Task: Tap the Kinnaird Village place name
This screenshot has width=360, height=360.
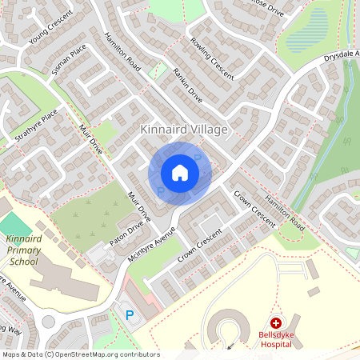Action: click(x=184, y=129)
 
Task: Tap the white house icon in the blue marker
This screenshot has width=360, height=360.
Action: click(x=180, y=172)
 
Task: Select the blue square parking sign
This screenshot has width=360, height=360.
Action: click(x=130, y=315)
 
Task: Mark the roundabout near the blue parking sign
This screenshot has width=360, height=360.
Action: click(x=50, y=322)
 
